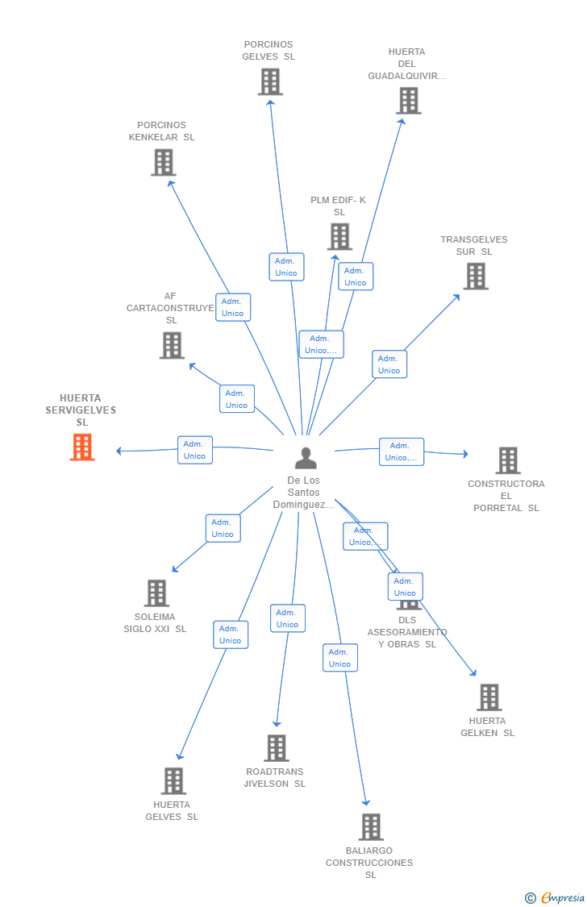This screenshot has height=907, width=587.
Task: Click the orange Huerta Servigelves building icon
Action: [x=82, y=447]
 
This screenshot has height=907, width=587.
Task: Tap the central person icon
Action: [x=306, y=458]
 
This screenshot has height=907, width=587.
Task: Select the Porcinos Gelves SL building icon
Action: [x=270, y=81]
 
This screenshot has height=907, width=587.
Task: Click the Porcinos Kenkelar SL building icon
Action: [x=164, y=162]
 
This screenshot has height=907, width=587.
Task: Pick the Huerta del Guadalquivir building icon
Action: [x=409, y=101]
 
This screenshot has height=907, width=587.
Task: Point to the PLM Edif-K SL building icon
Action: [x=339, y=236]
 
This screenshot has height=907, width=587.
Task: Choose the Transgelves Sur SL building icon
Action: [x=476, y=276]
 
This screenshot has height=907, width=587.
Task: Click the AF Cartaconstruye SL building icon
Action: [x=172, y=345]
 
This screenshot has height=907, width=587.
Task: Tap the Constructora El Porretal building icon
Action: [x=508, y=460]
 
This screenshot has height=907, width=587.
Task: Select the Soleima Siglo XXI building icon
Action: [x=156, y=593]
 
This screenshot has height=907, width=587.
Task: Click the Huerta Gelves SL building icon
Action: [x=173, y=780]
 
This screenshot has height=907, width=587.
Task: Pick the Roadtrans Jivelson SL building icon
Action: [x=277, y=747]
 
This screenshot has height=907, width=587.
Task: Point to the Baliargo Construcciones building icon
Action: [x=371, y=826]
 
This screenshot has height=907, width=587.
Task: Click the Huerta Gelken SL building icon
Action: [x=489, y=697]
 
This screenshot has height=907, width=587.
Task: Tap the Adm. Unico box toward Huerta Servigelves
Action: [x=194, y=450]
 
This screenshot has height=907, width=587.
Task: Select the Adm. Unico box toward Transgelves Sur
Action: [x=389, y=364]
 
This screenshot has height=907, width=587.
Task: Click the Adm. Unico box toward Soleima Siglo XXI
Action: [x=223, y=528]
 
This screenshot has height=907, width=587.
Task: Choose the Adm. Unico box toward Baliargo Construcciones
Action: [x=339, y=658]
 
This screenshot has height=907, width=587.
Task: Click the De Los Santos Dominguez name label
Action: [x=303, y=493]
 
